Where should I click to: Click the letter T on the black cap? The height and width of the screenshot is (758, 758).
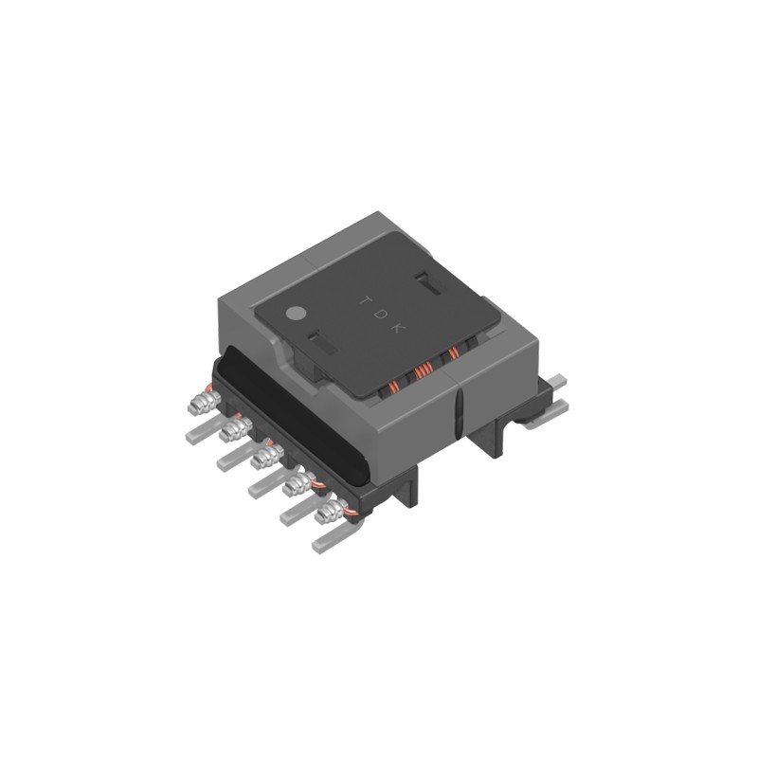coord(363,300)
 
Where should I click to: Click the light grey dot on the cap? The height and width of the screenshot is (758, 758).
coord(296,311)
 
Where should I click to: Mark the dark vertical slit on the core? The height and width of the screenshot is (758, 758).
coord(458,408)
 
